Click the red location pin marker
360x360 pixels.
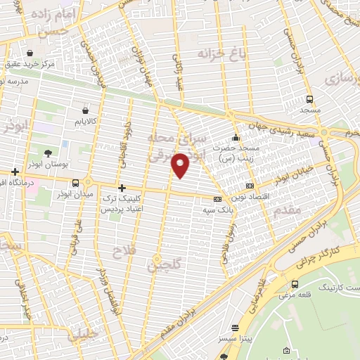click(181, 166)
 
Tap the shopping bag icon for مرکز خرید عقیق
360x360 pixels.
click(30, 53)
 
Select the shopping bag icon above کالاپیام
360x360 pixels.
click(85, 110)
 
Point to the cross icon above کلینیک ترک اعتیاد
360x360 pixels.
click(122, 188)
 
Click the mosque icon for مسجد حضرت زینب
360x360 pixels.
click(236, 137)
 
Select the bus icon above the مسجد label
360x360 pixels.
click(310, 99)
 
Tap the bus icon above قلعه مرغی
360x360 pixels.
click(294, 284)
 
